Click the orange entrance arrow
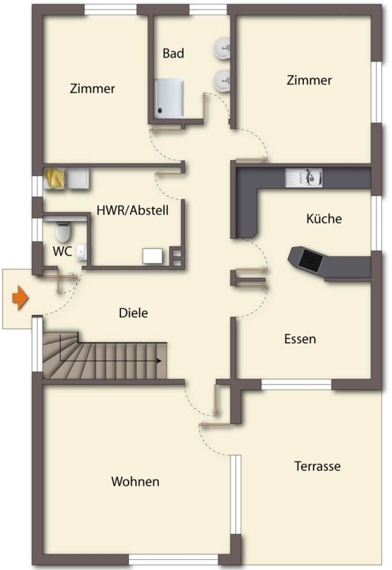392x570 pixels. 20,298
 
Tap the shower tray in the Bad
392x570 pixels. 168,98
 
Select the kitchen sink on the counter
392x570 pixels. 303,178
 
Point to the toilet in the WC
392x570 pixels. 63,231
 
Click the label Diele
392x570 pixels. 134,313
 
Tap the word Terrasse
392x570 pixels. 317,466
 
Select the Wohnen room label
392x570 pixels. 136,481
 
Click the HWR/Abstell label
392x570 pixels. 132,210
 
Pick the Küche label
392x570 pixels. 324,218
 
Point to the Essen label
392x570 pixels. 300,339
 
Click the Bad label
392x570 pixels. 173,53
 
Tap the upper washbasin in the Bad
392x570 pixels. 222,48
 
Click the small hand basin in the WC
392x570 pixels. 82,252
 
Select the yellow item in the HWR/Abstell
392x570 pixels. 54,179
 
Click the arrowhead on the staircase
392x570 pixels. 159,361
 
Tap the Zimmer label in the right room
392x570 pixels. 309,80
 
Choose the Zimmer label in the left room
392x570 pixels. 92,89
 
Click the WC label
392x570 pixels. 62,251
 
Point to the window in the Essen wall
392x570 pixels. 296,384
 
